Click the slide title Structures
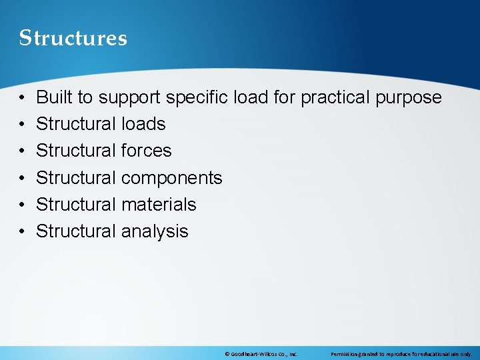click(73, 38)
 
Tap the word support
click(129, 98)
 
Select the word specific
click(197, 98)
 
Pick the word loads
click(143, 124)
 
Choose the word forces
click(146, 151)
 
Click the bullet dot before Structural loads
click(22, 125)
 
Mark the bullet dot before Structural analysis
click(22, 232)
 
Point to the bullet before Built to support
click(22, 98)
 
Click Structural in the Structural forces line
click(76, 151)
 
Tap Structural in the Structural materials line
click(76, 204)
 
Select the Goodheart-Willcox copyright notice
click(261, 354)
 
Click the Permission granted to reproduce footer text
click(401, 354)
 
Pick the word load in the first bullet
click(251, 97)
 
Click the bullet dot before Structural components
click(22, 178)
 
